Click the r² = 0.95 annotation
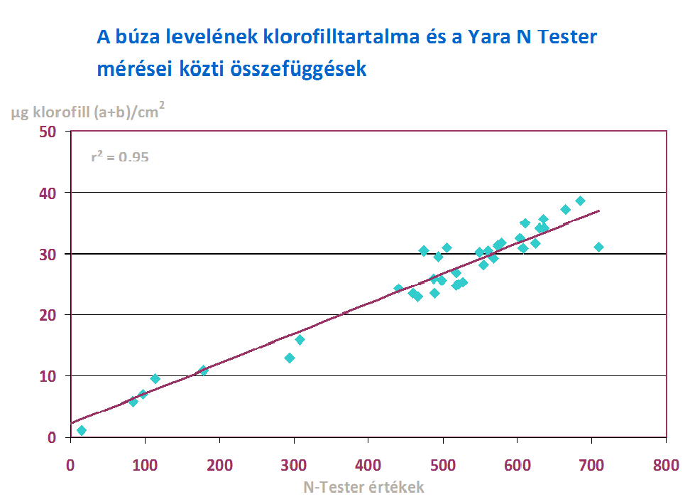click(119, 157)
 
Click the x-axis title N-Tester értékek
click(363, 487)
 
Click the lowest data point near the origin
click(82, 430)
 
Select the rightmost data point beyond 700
click(598, 247)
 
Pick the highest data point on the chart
click(580, 201)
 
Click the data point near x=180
click(204, 370)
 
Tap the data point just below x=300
click(290, 358)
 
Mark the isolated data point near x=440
click(398, 289)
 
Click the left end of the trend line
click(72, 423)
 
